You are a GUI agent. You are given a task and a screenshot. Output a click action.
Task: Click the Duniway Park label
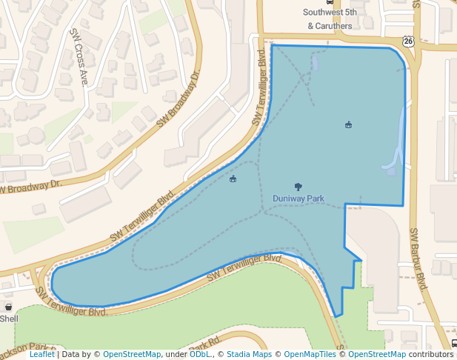298,199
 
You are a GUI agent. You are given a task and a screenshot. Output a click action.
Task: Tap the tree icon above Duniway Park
298,187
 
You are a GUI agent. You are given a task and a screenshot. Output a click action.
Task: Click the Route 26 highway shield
408,41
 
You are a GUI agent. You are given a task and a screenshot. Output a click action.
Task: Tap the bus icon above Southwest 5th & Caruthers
330,2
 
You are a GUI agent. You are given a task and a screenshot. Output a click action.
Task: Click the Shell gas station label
9,319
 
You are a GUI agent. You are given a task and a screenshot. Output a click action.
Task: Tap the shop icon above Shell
8,307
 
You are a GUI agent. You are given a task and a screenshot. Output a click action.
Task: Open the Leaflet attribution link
41,355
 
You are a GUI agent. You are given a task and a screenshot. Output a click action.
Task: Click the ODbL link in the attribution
200,355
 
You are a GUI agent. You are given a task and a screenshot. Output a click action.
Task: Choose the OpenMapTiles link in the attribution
307,355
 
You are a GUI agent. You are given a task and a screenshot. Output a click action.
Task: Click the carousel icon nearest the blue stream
348,124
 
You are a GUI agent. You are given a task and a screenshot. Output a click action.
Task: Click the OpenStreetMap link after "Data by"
131,355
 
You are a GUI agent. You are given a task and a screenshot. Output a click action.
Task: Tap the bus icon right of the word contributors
453,344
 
